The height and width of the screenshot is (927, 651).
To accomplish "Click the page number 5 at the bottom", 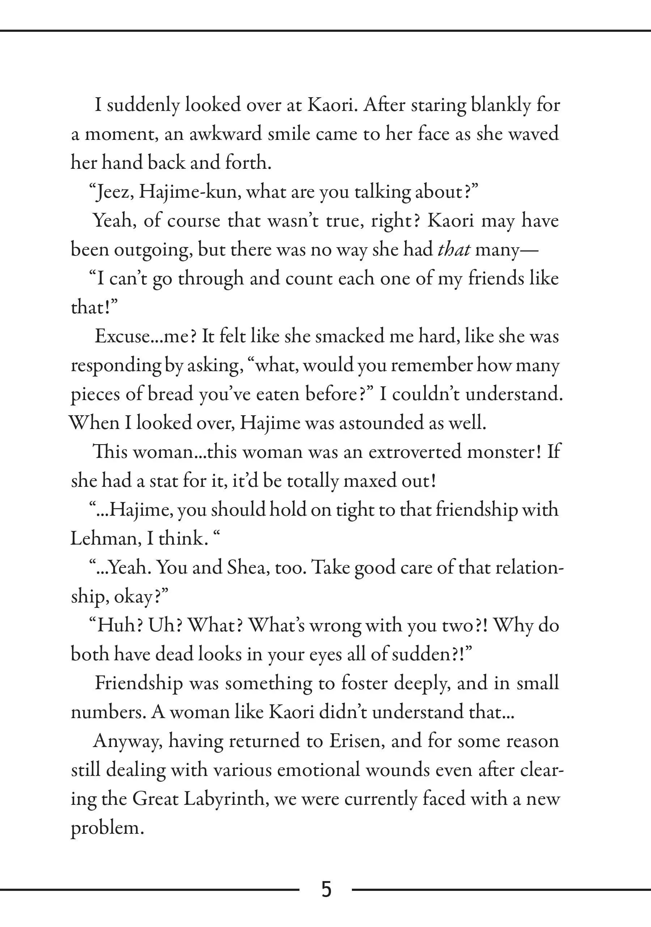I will [x=326, y=889].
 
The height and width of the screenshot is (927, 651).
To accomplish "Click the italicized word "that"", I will [x=454, y=249].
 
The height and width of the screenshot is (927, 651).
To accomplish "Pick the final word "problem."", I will [x=107, y=828].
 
